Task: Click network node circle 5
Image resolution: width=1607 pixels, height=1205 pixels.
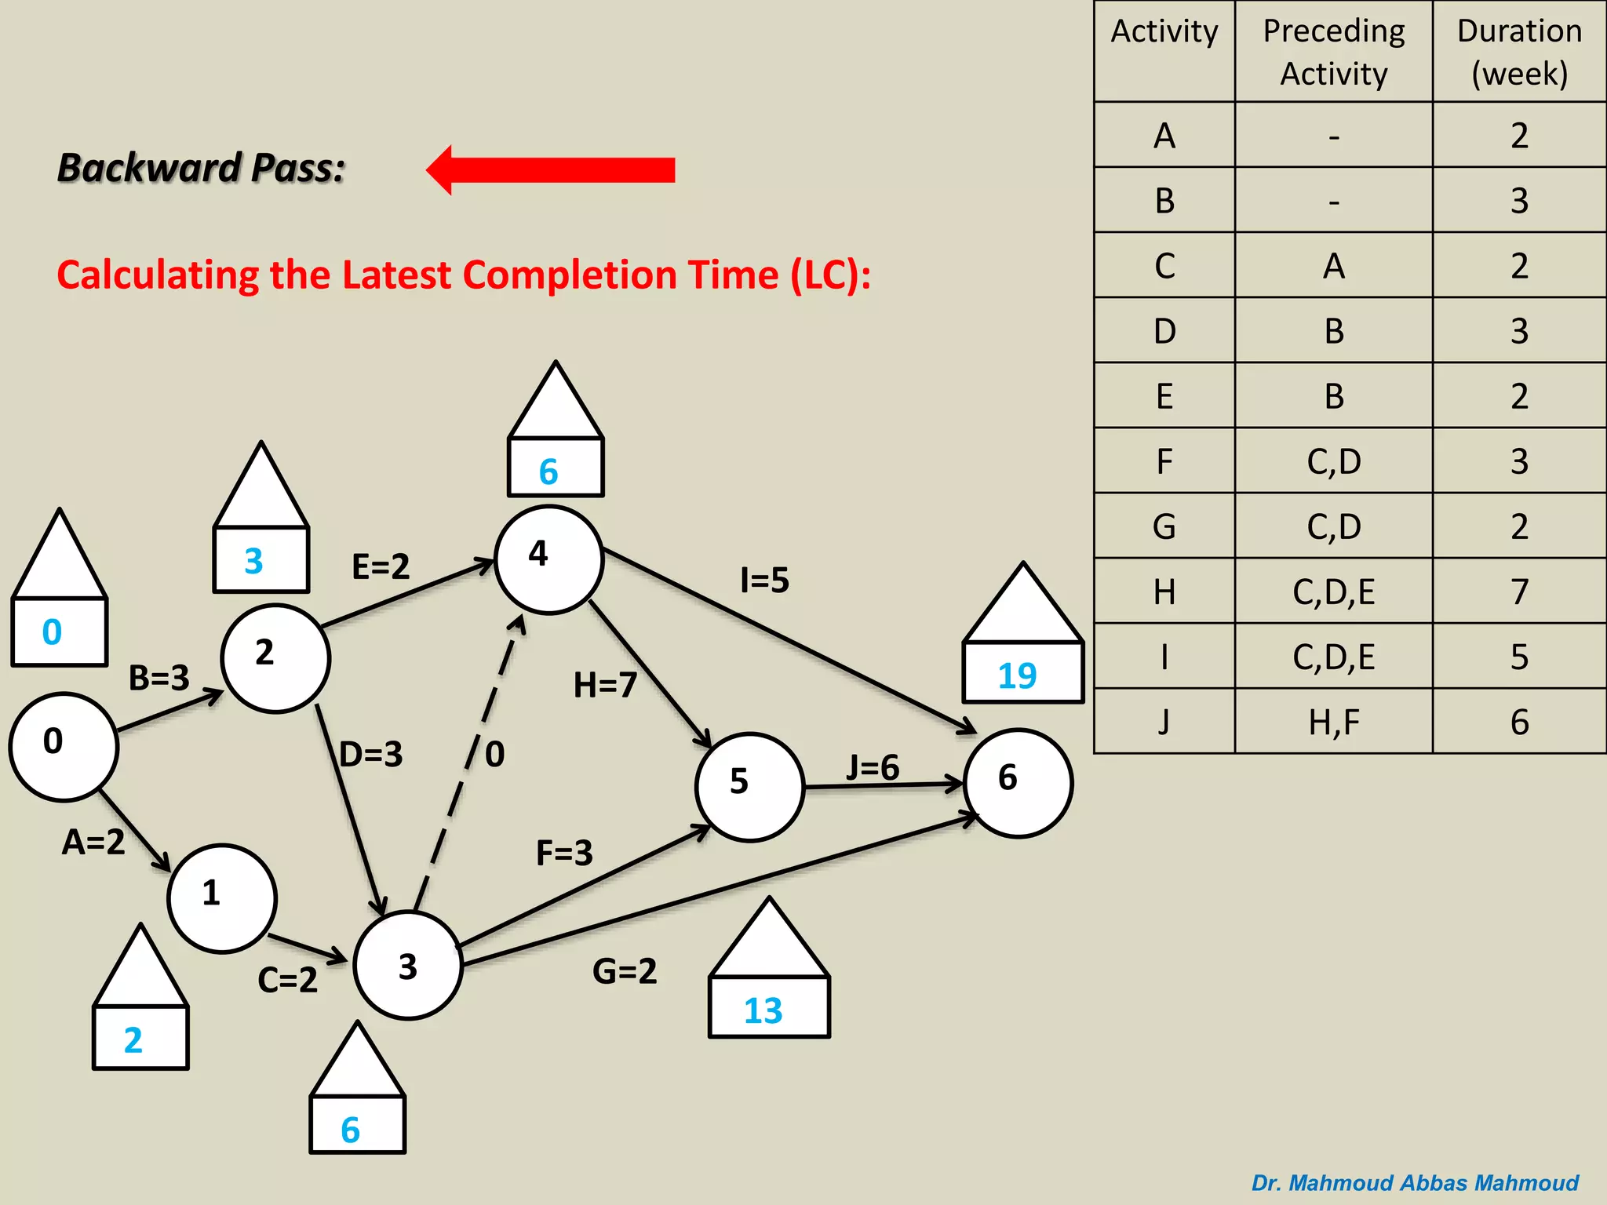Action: (x=749, y=787)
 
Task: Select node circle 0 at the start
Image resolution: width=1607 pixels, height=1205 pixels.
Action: (x=64, y=746)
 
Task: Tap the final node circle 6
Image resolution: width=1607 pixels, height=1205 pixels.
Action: (x=1018, y=783)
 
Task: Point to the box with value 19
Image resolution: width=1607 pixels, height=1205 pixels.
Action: (x=1022, y=672)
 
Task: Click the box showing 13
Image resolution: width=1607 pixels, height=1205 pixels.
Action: (x=768, y=1007)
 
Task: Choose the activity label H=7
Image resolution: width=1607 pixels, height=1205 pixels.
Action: (x=604, y=685)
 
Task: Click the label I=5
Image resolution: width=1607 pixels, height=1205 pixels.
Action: (x=764, y=581)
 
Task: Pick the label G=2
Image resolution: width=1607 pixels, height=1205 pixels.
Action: (x=624, y=971)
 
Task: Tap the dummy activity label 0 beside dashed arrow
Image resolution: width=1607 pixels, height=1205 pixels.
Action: (x=495, y=754)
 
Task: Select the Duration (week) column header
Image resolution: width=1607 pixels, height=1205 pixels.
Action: (x=1519, y=52)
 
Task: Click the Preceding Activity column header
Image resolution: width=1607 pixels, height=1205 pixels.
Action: (x=1333, y=52)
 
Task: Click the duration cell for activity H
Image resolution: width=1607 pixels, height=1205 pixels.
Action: (x=1519, y=591)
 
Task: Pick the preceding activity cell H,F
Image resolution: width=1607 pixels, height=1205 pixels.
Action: (x=1333, y=722)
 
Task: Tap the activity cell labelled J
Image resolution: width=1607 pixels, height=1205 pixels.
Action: (x=1164, y=722)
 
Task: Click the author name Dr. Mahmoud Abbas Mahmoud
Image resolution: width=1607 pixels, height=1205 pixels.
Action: (x=1414, y=1182)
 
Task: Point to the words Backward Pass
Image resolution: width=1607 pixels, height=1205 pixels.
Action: (x=202, y=168)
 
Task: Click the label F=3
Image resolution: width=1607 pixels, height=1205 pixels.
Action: (x=564, y=853)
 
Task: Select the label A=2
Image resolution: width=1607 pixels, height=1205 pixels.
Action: (x=93, y=842)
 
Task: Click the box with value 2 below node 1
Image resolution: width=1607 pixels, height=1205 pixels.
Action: (x=140, y=1038)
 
